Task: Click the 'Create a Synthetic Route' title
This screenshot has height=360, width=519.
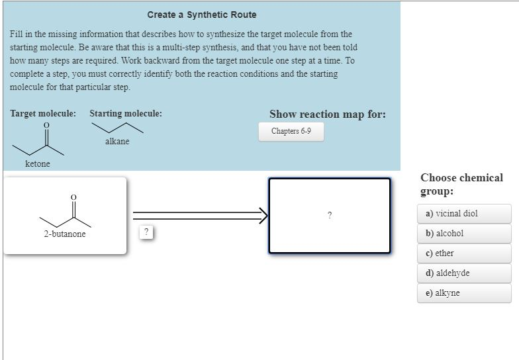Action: (201, 15)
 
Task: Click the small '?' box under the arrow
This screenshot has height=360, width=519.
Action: (147, 232)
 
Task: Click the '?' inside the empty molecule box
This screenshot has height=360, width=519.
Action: (329, 215)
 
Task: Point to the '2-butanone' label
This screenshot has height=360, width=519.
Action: (65, 234)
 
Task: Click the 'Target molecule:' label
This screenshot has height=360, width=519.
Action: (43, 114)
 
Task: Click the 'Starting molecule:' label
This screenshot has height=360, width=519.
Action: (126, 114)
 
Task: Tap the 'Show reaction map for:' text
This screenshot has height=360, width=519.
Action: (327, 114)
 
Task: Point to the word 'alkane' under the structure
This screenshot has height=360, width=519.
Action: (117, 142)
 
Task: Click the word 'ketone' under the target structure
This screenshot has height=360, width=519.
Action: (38, 164)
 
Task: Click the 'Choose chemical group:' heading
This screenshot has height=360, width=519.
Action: (461, 184)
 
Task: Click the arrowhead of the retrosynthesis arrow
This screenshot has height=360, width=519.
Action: (263, 214)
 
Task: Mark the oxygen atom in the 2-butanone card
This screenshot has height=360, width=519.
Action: (73, 197)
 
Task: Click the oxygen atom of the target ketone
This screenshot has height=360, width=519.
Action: (46, 125)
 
